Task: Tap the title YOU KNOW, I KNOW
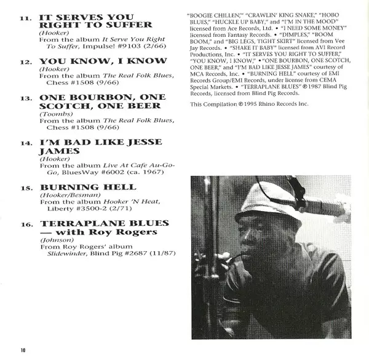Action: pos(103,61)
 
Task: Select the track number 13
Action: pos(26,97)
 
